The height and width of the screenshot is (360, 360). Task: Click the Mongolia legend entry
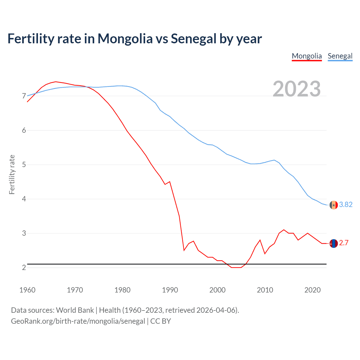[307, 56]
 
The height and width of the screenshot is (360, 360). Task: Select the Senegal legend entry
[340, 56]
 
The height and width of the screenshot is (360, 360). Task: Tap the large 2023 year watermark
[297, 89]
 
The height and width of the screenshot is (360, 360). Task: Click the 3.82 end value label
[346, 205]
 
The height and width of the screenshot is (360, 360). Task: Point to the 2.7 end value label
[344, 243]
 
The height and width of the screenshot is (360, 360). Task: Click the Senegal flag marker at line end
[334, 205]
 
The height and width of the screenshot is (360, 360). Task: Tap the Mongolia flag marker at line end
[334, 243]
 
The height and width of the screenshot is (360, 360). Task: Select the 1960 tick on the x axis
[27, 290]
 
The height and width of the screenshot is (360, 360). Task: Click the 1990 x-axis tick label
[170, 290]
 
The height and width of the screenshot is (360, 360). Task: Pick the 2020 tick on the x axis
[312, 290]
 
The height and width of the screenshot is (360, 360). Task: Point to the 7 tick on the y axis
[24, 96]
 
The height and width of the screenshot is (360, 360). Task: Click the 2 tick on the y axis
[24, 267]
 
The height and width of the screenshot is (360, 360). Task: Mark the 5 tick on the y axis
[24, 165]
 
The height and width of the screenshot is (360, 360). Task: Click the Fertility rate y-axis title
[12, 174]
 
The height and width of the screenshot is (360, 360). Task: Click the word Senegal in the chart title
[193, 39]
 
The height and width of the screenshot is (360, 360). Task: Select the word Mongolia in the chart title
[125, 39]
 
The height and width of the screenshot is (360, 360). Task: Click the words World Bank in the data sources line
[75, 310]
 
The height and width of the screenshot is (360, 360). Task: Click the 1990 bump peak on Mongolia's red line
[170, 182]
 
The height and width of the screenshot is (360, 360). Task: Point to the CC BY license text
[161, 321]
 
